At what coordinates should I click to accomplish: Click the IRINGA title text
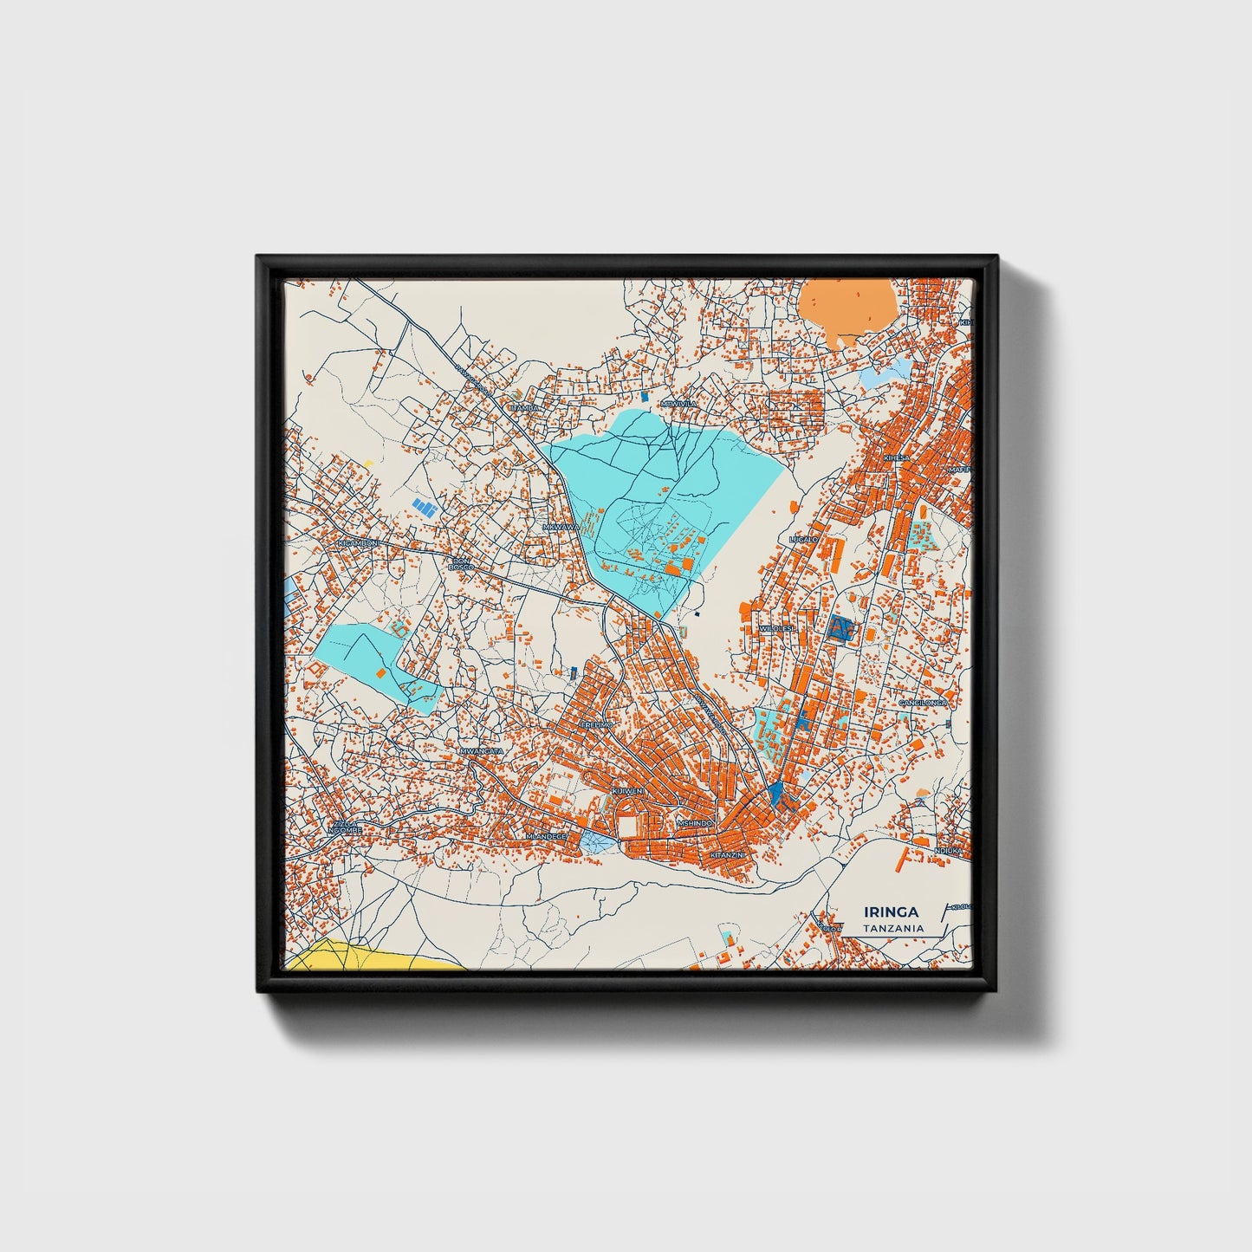pyautogui.click(x=891, y=911)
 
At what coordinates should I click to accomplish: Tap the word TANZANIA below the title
pyautogui.click(x=892, y=928)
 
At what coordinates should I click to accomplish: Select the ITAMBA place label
pyautogui.click(x=525, y=407)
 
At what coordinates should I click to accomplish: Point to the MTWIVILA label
pyautogui.click(x=678, y=404)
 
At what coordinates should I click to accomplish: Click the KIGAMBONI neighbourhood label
pyautogui.click(x=358, y=543)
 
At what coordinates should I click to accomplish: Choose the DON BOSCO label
pyautogui.click(x=461, y=564)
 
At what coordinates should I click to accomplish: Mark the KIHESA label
pyautogui.click(x=896, y=457)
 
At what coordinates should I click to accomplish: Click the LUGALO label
pyautogui.click(x=803, y=539)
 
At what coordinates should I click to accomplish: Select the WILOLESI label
pyautogui.click(x=775, y=628)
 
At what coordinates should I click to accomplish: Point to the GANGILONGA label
pyautogui.click(x=923, y=703)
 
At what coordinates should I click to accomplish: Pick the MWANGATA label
pyautogui.click(x=481, y=750)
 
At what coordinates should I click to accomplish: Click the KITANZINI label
pyautogui.click(x=726, y=854)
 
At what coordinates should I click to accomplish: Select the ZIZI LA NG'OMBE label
pyautogui.click(x=344, y=827)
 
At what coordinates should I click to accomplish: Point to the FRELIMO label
pyautogui.click(x=596, y=724)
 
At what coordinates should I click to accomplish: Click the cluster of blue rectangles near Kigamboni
pyautogui.click(x=424, y=507)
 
